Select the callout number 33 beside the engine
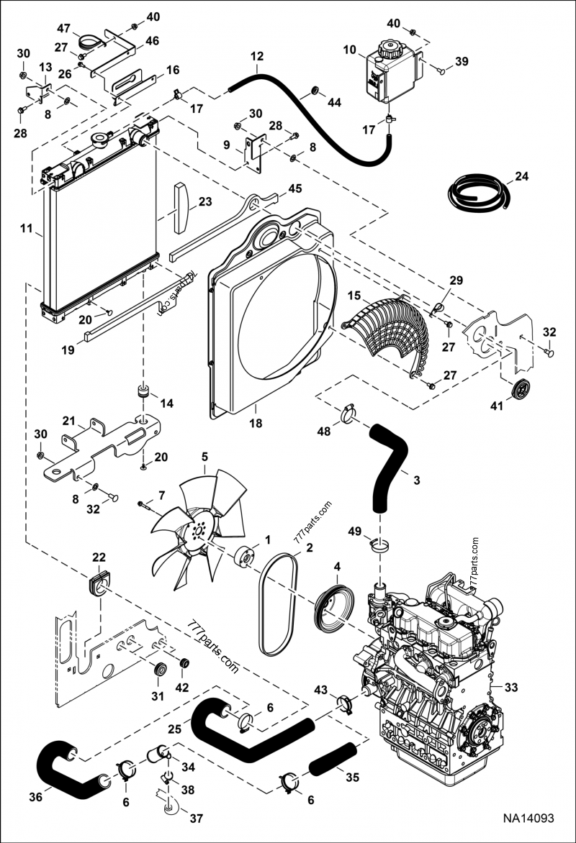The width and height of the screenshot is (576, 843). click(x=510, y=688)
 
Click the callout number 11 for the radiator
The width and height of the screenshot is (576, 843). click(x=26, y=229)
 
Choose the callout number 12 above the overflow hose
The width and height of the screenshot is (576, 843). click(x=257, y=55)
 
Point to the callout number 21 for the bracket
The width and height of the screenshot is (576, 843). click(x=68, y=420)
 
